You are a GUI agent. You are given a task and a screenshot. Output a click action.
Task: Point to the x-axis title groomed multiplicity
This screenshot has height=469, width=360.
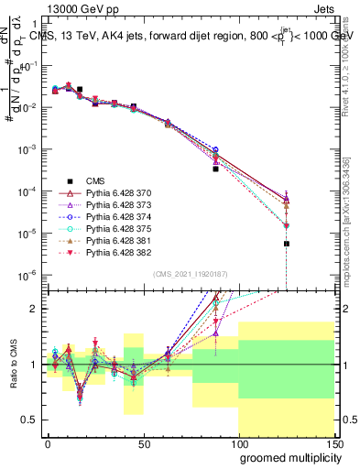[285, 456]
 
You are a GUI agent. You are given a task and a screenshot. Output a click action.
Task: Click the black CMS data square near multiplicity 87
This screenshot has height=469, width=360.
[216, 169]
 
